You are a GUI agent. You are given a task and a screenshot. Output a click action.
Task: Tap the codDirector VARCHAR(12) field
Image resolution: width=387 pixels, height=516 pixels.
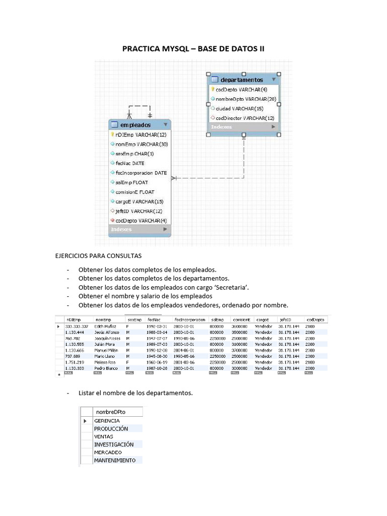[x=245, y=118]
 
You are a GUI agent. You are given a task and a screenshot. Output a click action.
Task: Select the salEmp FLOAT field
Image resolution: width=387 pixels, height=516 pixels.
[x=132, y=182]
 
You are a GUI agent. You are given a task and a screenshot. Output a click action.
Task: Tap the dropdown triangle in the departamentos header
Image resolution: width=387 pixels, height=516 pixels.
[x=274, y=80]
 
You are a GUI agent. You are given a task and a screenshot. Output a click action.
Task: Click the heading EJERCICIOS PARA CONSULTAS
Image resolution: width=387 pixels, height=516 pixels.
[x=98, y=256]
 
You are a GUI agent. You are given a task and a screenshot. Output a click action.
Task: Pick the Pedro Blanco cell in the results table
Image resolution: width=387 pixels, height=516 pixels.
[x=106, y=368]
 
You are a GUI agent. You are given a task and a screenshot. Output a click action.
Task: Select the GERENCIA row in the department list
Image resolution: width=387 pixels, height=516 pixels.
[x=107, y=420]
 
